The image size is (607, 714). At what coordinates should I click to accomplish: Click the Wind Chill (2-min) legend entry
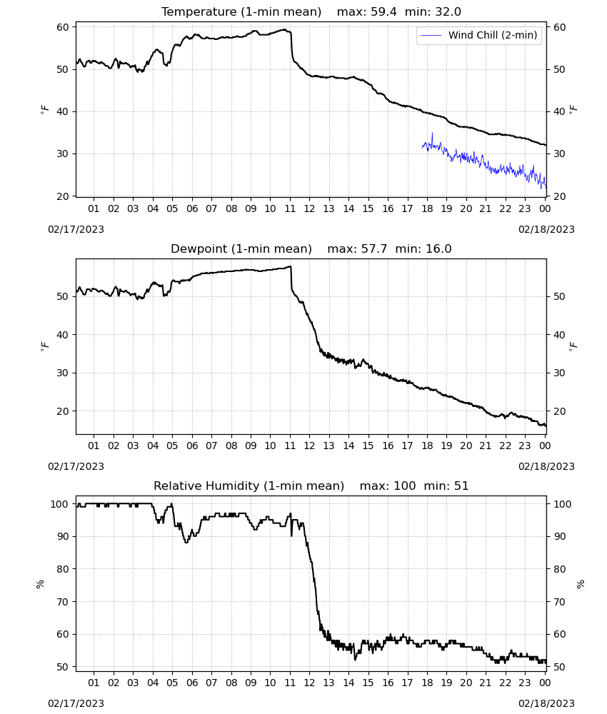point(479,35)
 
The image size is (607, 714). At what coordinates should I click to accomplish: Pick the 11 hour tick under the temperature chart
point(290,208)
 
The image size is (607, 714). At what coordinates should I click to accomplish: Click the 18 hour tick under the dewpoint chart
point(427,446)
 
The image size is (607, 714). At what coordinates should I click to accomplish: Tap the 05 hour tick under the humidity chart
point(172,683)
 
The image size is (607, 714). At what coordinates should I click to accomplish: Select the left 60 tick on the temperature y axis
point(63,27)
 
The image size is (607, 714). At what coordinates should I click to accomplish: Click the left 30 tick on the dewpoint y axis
point(63,373)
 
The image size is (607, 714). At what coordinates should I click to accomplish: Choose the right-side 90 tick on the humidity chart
point(560,536)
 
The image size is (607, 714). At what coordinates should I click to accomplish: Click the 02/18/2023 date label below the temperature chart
point(546,229)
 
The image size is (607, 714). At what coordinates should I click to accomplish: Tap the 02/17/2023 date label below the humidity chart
point(76,703)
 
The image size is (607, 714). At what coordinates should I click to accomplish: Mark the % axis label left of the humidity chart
point(40,584)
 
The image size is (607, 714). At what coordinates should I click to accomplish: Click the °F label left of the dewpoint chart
point(44,346)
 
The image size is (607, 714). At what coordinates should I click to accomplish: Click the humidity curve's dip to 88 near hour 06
point(186,542)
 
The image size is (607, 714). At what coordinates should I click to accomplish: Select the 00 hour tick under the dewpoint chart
point(545,446)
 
